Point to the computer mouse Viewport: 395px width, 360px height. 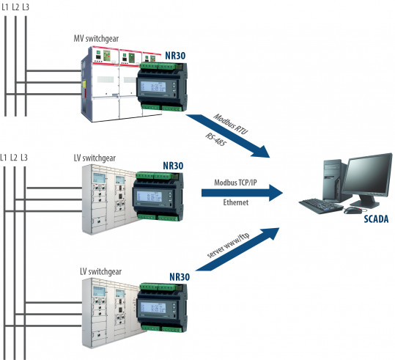353,210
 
